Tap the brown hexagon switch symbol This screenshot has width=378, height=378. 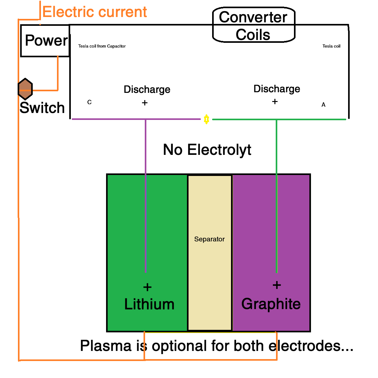[25, 89]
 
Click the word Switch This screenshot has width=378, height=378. [42, 108]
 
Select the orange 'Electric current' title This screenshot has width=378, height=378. [94, 12]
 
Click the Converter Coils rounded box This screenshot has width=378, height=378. [253, 25]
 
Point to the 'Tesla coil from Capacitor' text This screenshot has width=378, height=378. [102, 46]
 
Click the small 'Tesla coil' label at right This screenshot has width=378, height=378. [331, 46]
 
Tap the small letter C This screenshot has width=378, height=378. [89, 102]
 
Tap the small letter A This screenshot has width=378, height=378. [323, 105]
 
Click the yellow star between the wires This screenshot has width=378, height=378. [206, 119]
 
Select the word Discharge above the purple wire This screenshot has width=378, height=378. [147, 90]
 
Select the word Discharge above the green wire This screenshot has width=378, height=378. [277, 89]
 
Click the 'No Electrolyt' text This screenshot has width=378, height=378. [207, 150]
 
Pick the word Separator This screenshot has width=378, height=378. [209, 239]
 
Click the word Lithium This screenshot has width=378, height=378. [149, 304]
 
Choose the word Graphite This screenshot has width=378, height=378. [271, 304]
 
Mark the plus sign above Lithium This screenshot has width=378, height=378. [147, 287]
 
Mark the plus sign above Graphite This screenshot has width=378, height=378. [277, 285]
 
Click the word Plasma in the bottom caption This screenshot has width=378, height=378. [105, 346]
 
